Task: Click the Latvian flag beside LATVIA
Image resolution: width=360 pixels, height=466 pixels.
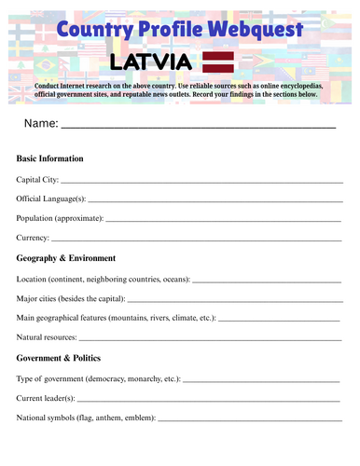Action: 218,62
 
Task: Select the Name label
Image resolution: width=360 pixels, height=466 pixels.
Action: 41,124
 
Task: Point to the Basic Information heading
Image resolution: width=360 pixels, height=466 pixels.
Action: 50,158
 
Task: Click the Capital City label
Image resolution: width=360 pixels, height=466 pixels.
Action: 37,179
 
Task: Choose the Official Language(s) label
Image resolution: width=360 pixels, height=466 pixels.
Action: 51,199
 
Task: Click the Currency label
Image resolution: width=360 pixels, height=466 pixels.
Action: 35,239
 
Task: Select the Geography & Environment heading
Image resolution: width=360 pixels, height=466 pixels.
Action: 66,258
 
